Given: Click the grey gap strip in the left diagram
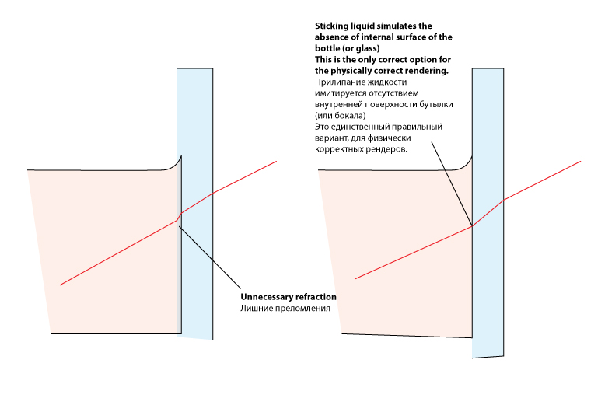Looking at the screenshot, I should coord(179,272).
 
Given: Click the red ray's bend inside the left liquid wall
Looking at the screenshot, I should coord(180,214).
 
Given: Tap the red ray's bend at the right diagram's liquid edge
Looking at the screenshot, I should coord(472,226).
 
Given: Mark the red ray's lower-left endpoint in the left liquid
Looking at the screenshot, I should coord(60,285).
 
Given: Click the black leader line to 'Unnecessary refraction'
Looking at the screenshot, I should coord(210,257).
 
